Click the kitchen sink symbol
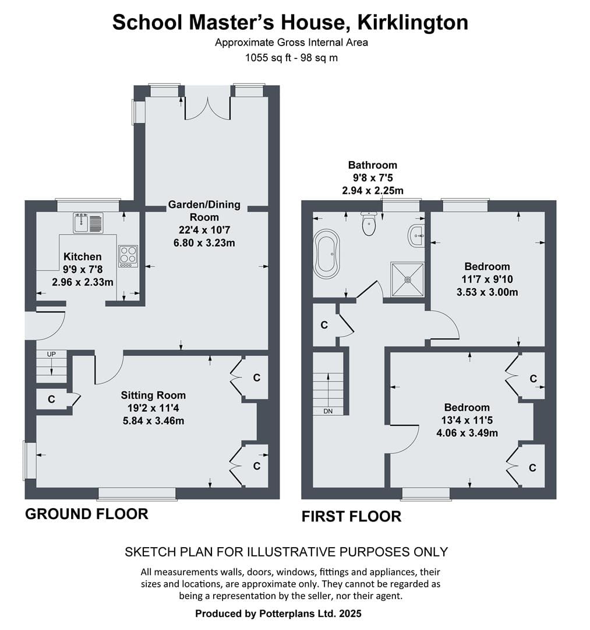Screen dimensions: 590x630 click(89, 223)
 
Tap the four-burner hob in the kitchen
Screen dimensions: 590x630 click(128, 256)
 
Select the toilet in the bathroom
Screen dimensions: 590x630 click(369, 224)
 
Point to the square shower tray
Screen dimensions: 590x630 click(408, 279)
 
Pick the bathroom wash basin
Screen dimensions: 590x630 click(417, 236)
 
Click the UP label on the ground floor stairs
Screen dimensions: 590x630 click(51, 354)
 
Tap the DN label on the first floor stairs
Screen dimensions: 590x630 click(328, 411)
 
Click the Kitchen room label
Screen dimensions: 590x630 click(83, 257)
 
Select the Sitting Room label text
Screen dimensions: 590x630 click(153, 395)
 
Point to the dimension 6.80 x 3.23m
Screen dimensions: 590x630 click(204, 243)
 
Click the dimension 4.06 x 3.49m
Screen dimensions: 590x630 click(467, 433)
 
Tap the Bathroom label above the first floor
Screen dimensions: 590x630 click(373, 164)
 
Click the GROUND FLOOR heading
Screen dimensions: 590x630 click(87, 514)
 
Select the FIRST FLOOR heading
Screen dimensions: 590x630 click(351, 516)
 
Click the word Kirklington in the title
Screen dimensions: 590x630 click(413, 22)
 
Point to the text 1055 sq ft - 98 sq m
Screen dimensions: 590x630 click(292, 58)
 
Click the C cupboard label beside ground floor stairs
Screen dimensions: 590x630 click(51, 400)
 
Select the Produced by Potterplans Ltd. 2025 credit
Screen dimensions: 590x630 click(278, 614)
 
